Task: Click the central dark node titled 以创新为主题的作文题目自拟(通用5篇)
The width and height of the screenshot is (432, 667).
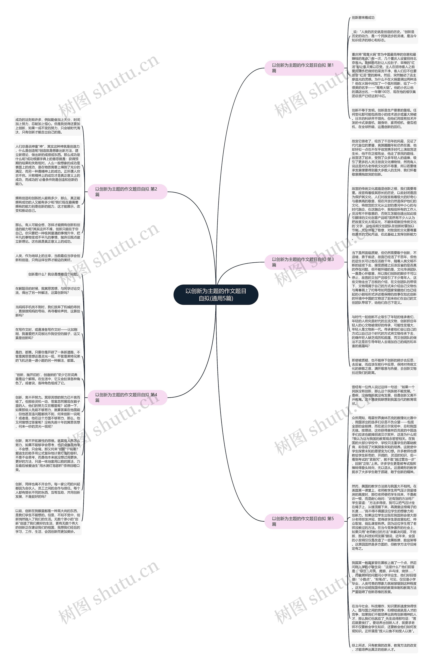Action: click(216, 295)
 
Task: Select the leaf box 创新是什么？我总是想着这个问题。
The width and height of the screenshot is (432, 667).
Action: click(53, 274)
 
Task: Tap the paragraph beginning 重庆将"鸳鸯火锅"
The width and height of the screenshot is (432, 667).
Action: click(384, 75)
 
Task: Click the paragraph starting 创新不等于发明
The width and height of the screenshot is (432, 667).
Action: click(384, 119)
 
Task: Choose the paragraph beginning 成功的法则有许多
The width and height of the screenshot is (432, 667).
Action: click(48, 126)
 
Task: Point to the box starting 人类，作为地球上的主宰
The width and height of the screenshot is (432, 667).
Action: click(48, 258)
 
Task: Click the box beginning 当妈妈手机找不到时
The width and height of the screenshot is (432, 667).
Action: click(48, 311)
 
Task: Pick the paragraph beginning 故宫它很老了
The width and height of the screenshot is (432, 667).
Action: click(384, 158)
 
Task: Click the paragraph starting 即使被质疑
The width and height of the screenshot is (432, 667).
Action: click(384, 366)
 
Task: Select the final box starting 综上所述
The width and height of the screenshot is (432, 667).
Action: click(384, 647)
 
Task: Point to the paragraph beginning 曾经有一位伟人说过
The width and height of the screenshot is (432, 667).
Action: click(384, 395)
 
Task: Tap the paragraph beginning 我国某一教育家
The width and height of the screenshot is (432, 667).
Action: click(384, 578)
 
